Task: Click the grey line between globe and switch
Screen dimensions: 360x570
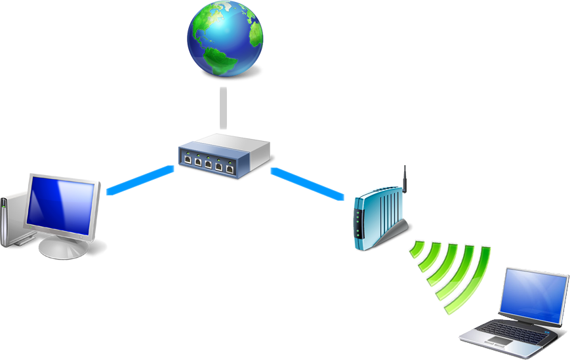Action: [x=224, y=108]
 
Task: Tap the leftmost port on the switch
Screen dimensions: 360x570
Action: [x=188, y=159]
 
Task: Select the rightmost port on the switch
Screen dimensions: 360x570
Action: [x=230, y=168]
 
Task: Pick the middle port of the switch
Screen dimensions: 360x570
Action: [x=208, y=163]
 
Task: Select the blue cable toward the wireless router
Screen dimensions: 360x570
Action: [x=307, y=182]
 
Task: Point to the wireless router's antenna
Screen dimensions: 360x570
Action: [x=405, y=178]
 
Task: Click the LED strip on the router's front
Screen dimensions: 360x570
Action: [x=357, y=223]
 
